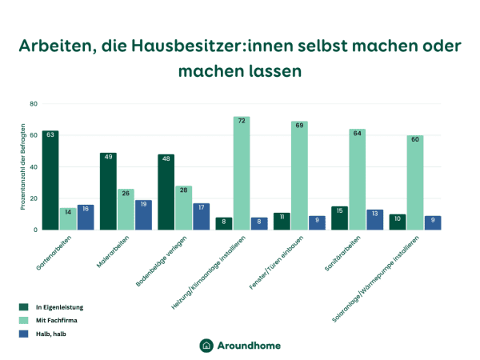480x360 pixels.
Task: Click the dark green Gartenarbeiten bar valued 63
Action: point(50,181)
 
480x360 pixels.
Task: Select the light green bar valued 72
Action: point(242,174)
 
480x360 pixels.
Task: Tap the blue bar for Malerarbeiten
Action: point(143,215)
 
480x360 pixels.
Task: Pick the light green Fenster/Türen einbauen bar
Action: point(299,176)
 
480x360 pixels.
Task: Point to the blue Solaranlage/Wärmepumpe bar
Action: point(432,223)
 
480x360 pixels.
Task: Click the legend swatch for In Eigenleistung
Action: point(24,306)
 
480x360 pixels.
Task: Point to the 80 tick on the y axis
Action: point(34,104)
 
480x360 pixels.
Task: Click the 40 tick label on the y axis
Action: point(34,167)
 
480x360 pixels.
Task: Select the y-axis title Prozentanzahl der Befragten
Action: point(24,166)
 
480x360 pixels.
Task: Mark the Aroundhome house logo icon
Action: point(206,345)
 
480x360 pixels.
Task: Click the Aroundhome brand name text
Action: point(249,345)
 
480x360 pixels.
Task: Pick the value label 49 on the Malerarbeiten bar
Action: point(108,158)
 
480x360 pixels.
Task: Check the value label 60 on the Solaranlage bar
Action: point(414,140)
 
